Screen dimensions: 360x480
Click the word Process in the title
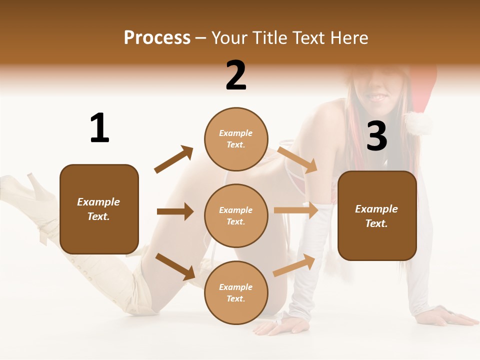pos(157,38)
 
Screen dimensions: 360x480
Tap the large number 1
pos(99,128)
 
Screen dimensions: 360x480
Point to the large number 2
pos(236,75)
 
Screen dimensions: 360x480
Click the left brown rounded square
pos(99,209)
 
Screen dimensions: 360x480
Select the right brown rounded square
pos(377,215)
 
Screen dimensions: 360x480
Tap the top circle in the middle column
pos(236,139)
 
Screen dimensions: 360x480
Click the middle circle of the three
pos(236,215)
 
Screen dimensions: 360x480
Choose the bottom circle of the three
pos(236,292)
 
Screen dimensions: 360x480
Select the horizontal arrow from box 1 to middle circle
pos(175,211)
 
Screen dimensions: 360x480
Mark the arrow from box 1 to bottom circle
pos(175,266)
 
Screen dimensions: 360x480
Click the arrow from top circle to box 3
pos(297,159)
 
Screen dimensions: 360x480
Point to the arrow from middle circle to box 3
pos(296,210)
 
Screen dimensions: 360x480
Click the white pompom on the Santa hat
pos(418,123)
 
